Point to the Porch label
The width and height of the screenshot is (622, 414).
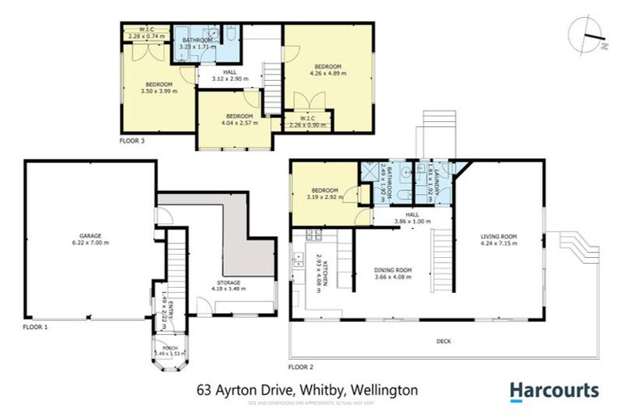pyautogui.click(x=171, y=348)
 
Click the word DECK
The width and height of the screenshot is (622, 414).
pyautogui.click(x=443, y=341)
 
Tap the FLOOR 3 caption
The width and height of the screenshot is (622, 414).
pyautogui.click(x=132, y=141)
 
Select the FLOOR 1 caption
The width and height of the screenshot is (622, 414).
pyautogui.click(x=36, y=327)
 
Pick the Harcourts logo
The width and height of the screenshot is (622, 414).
pyautogui.click(x=554, y=391)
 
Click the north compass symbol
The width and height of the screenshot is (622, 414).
pyautogui.click(x=591, y=37)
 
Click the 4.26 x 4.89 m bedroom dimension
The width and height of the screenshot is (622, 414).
pyautogui.click(x=328, y=73)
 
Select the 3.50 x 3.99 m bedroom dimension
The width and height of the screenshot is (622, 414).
pyautogui.click(x=159, y=91)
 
